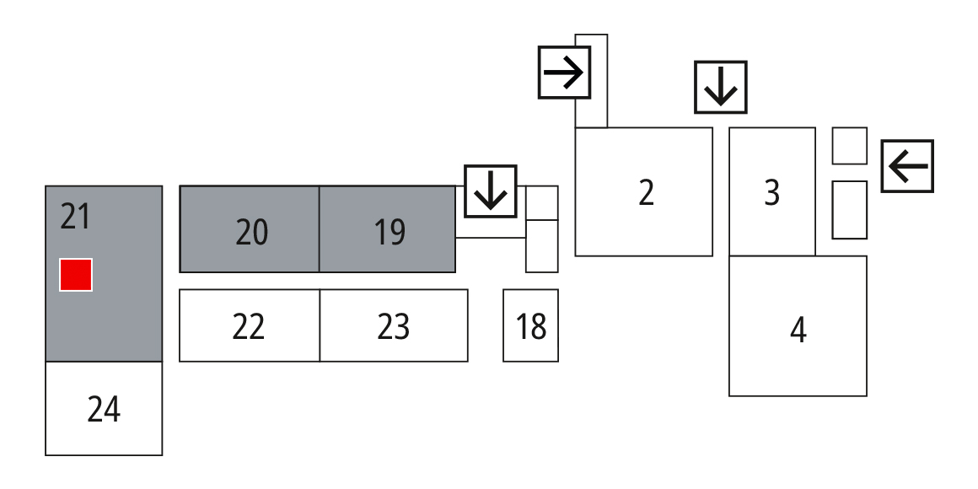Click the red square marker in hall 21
click(x=76, y=275)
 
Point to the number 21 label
click(x=75, y=218)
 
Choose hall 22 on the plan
click(x=249, y=326)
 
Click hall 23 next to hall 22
click(x=394, y=326)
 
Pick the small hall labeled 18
click(x=530, y=325)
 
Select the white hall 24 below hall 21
click(x=104, y=410)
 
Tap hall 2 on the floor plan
click(x=645, y=192)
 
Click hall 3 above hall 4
click(x=771, y=192)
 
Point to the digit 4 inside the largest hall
click(x=798, y=330)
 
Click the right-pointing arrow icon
click(x=564, y=73)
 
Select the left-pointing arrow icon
click(x=907, y=165)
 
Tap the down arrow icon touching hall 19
click(x=490, y=189)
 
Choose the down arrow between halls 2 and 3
click(x=720, y=87)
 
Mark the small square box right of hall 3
click(x=849, y=146)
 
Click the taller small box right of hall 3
click(x=849, y=209)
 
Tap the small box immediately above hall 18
click(x=541, y=246)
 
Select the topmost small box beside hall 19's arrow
click(x=541, y=202)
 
